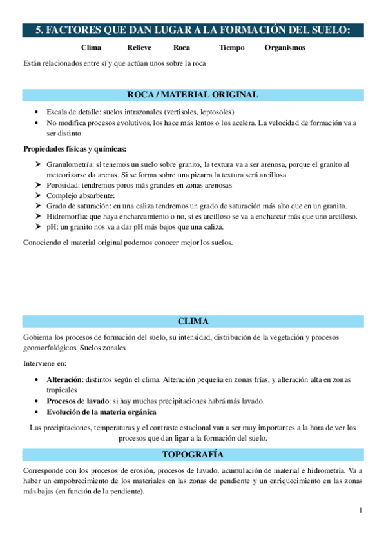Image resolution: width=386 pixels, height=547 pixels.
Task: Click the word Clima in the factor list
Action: click(x=92, y=48)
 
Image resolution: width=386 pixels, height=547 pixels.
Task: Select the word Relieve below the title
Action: click(x=140, y=48)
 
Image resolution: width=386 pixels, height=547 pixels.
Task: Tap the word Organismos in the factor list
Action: click(x=285, y=48)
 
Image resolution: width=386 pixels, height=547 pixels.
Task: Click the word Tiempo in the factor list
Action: click(x=232, y=48)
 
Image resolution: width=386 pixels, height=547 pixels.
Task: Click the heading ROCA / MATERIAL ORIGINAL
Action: click(x=193, y=95)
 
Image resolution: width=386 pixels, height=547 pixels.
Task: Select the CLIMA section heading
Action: click(x=193, y=321)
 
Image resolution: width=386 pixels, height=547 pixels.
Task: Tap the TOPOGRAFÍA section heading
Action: click(x=193, y=453)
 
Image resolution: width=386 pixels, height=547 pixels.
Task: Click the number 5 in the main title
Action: click(x=39, y=30)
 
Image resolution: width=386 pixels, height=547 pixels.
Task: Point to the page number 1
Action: click(x=361, y=511)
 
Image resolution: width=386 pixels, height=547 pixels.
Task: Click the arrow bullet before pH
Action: click(x=39, y=226)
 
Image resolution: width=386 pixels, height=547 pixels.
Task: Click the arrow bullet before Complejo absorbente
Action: click(x=39, y=195)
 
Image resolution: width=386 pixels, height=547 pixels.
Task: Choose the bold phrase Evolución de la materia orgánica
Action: click(x=101, y=412)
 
